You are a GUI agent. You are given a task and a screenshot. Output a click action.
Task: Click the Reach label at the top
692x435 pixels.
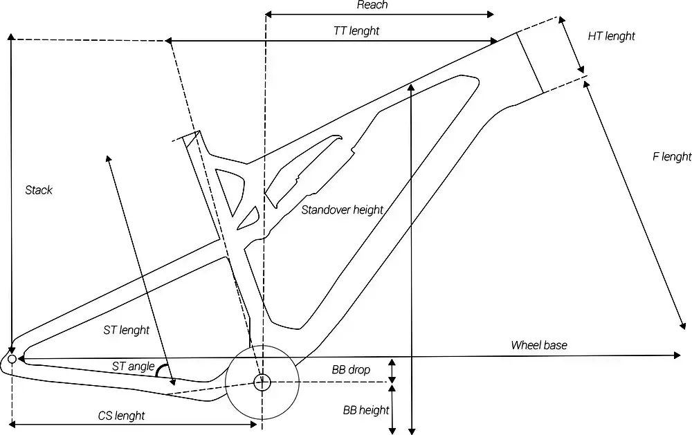pyautogui.click(x=372, y=5)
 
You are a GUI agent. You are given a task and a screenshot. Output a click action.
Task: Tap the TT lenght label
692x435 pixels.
pyautogui.click(x=356, y=31)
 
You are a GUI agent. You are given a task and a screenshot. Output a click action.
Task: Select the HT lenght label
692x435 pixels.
pyautogui.click(x=611, y=36)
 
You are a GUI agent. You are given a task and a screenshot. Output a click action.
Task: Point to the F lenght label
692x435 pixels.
pyautogui.click(x=672, y=156)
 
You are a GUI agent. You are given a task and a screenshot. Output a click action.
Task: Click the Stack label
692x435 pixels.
pyautogui.click(x=38, y=190)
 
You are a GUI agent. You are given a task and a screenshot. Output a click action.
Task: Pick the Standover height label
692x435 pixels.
pyautogui.click(x=343, y=210)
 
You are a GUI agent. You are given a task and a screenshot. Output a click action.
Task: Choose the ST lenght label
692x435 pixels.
pyautogui.click(x=126, y=330)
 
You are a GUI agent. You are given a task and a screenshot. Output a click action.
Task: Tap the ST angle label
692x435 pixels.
pyautogui.click(x=133, y=366)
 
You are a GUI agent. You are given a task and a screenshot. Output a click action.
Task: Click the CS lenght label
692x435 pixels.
pyautogui.click(x=121, y=416)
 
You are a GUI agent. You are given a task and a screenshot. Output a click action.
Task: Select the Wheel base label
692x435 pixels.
pyautogui.click(x=539, y=345)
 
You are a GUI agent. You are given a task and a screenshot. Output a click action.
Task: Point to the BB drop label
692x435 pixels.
pyautogui.click(x=351, y=370)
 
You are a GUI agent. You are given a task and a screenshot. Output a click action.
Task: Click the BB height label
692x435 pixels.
pyautogui.click(x=366, y=410)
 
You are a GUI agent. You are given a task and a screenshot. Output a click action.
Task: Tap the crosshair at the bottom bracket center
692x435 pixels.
pyautogui.click(x=262, y=382)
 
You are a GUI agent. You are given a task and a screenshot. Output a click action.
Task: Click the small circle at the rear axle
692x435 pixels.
pyautogui.click(x=12, y=359)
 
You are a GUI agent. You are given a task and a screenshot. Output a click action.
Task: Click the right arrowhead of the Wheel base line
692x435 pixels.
pyautogui.click(x=677, y=355)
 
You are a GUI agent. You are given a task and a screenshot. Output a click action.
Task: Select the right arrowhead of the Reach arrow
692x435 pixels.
pyautogui.click(x=491, y=15)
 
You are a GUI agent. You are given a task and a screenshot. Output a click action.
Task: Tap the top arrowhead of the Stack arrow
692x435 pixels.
pyautogui.click(x=11, y=37)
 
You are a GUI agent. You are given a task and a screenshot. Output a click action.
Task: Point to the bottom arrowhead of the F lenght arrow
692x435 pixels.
pyautogui.click(x=683, y=326)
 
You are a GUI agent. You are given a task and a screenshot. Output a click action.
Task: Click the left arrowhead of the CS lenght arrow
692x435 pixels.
pyautogui.click(x=12, y=425)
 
